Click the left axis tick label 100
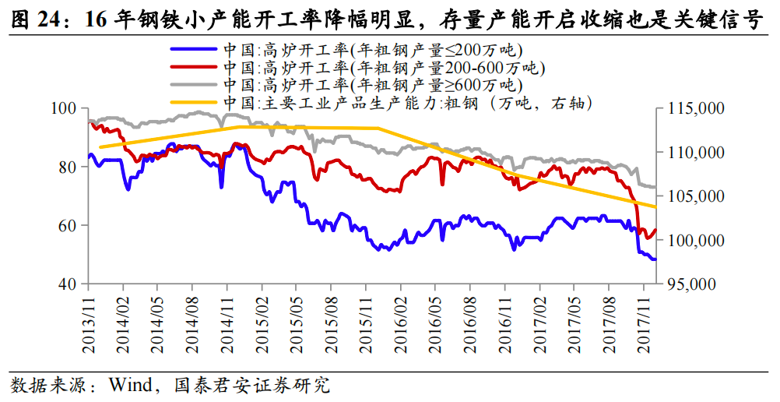pyautogui.click(x=62, y=108)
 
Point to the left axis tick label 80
pyautogui.click(x=65, y=167)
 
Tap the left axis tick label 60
pyautogui.click(x=65, y=225)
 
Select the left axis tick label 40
pyautogui.click(x=65, y=284)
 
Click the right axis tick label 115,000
pyautogui.click(x=692, y=108)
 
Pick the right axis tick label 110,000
pyautogui.click(x=692, y=153)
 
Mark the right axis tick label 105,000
pyautogui.click(x=692, y=196)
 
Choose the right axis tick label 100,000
pyautogui.click(x=692, y=241)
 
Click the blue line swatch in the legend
pyautogui.click(x=194, y=50)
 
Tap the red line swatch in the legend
pyautogui.click(x=194, y=67)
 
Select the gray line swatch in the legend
pyautogui.click(x=194, y=84)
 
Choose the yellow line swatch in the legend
pyautogui.click(x=194, y=101)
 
